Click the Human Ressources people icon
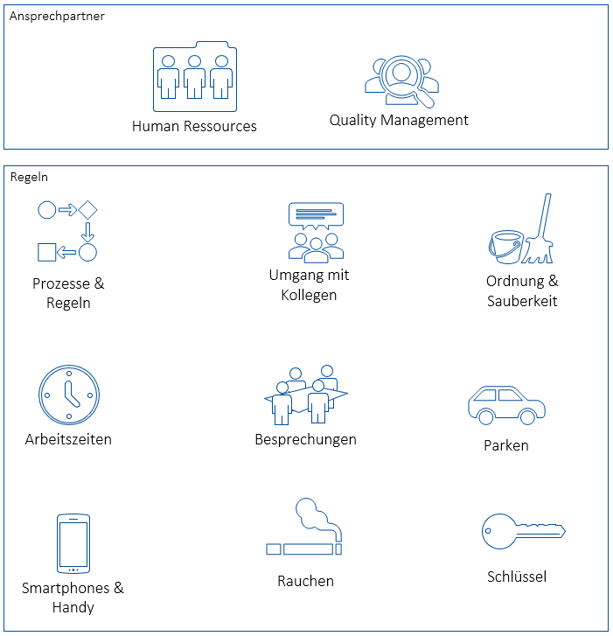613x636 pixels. [194, 77]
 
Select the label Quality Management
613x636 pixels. [399, 120]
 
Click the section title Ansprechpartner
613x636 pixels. [57, 16]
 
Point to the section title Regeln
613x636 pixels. [29, 177]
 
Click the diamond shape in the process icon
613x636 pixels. [87, 210]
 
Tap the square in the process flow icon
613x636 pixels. [46, 253]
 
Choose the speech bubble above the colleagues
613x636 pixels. [315, 214]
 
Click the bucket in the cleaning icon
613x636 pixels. [505, 246]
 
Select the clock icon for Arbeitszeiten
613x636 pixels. [69, 395]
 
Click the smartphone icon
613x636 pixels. [73, 543]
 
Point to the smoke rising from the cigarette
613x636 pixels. [313, 517]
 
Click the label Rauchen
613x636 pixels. [305, 581]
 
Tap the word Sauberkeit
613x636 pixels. [522, 301]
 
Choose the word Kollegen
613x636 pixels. [309, 295]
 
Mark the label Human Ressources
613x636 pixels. [194, 126]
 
